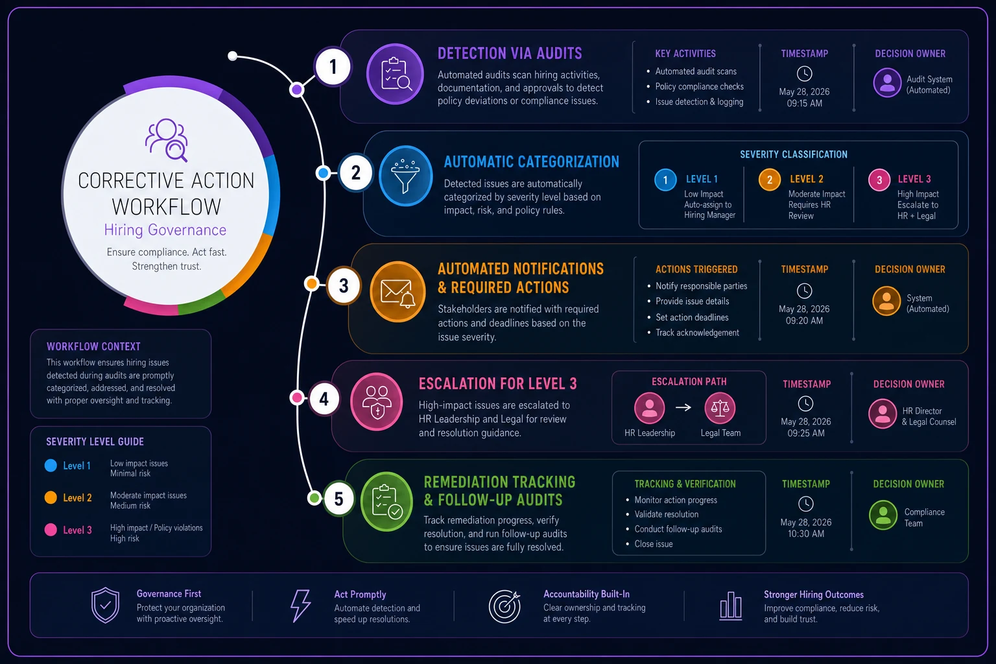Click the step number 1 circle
333,67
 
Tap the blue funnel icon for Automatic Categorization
405,176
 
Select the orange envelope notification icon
397,291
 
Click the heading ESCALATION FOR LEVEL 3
497,383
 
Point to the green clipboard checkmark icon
386,501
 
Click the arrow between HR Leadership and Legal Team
683,407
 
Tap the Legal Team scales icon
720,408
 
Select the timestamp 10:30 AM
806,534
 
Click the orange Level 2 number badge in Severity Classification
769,180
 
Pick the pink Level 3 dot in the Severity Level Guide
51,530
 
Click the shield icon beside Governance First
106,605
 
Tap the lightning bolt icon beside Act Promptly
301,605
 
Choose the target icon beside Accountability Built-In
504,606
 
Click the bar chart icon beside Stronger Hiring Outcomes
731,606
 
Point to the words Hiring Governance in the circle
165,230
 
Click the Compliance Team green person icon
883,515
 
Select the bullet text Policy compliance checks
700,86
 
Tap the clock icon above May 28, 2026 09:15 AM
804,73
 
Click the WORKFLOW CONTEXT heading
93,346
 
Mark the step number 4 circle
324,399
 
